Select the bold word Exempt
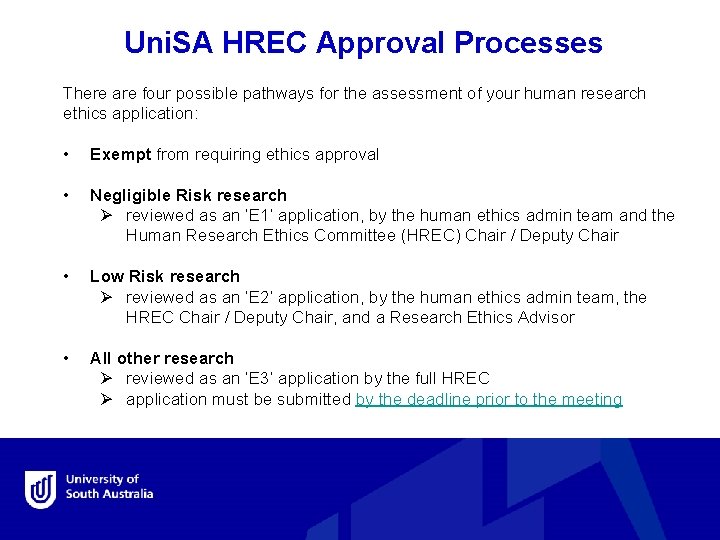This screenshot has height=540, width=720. click(x=120, y=154)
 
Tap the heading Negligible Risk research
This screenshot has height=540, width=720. click(x=188, y=195)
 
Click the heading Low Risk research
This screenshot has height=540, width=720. click(x=165, y=276)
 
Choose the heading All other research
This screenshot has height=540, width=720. click(x=162, y=358)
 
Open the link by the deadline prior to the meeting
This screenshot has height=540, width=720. click(x=489, y=399)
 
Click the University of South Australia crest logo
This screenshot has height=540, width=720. click(x=41, y=489)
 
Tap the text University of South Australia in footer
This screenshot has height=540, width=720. click(x=109, y=487)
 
